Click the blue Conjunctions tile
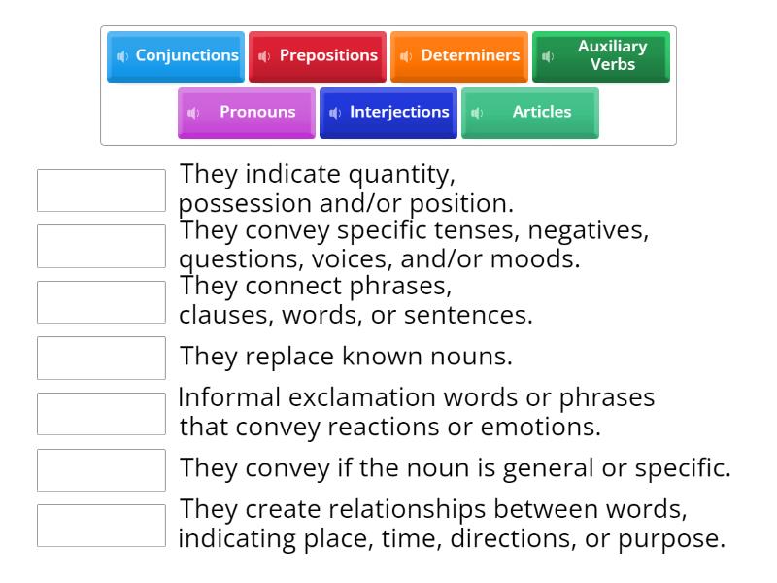coord(176,56)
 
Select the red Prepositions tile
coord(318,56)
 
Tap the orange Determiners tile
coord(459,56)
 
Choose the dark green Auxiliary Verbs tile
coord(601,56)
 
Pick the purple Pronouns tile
coord(247,113)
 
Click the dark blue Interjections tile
coord(388,113)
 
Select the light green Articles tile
coord(530,113)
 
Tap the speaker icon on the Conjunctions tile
coord(121,56)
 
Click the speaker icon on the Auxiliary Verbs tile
coord(548,56)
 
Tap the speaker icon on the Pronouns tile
coord(192,113)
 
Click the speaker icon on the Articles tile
coord(476,113)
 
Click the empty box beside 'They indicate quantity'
coord(101,190)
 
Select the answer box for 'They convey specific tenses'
coord(101,246)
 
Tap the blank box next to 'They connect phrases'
coord(101,302)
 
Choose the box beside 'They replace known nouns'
coord(101,358)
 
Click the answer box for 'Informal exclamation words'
coord(101,414)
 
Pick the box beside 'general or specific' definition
coord(101,469)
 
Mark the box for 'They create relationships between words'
coord(101,526)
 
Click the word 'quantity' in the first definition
coord(400,176)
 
